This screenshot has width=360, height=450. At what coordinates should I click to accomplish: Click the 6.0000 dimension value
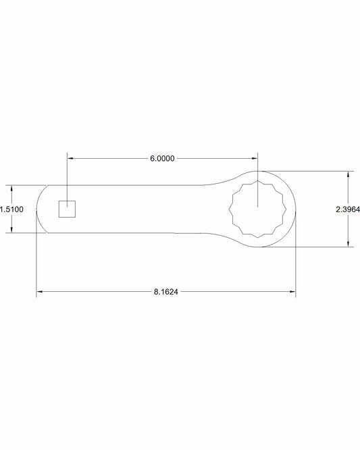tap(162, 159)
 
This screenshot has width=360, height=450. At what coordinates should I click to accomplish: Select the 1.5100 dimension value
tap(12, 209)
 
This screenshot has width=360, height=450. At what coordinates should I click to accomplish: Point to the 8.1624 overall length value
tap(166, 292)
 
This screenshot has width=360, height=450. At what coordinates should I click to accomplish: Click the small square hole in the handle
tap(66, 209)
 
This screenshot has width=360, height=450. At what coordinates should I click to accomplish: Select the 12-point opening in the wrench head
tap(258, 209)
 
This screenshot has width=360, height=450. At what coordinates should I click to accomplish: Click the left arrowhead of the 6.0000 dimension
tap(70, 159)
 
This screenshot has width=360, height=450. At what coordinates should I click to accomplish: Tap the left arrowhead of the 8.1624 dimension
tap(40, 292)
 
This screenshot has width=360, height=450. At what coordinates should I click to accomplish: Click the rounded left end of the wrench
tap(37, 209)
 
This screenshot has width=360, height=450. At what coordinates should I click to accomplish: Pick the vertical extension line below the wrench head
tap(295, 270)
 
